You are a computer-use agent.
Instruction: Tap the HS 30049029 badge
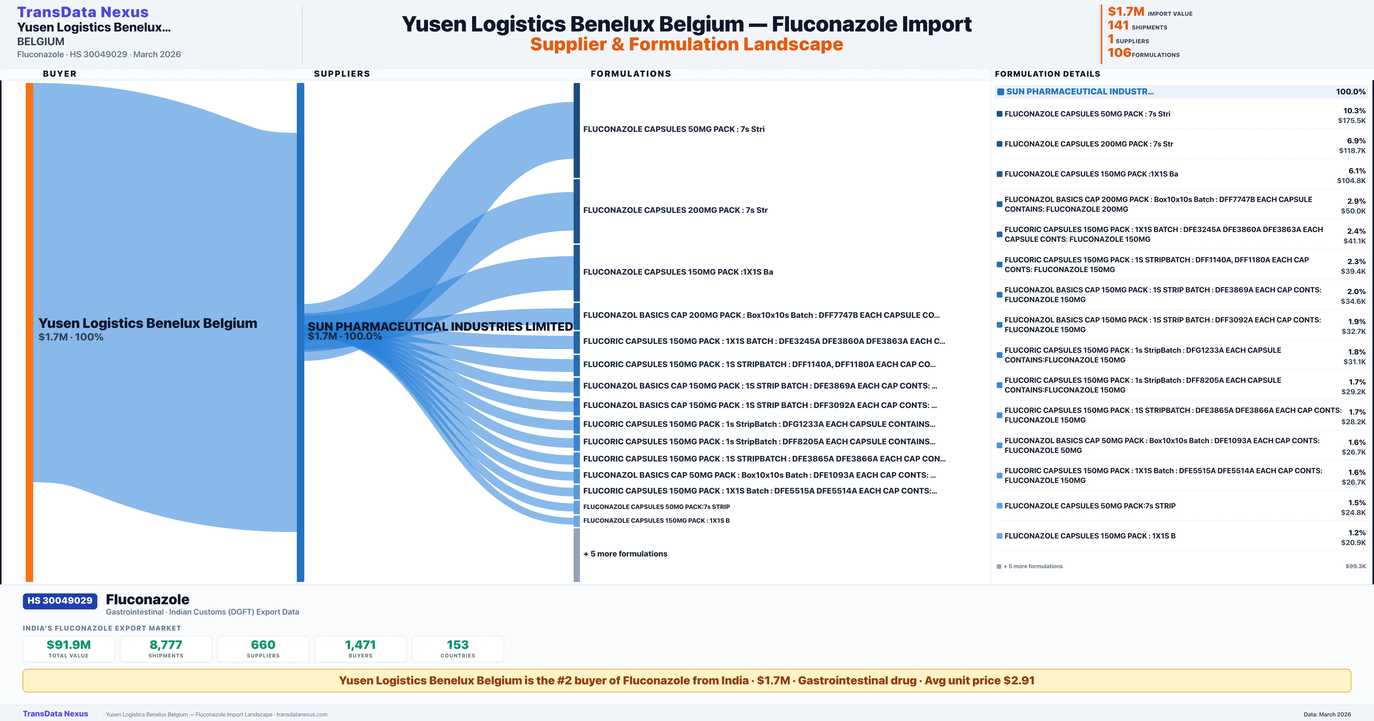(x=60, y=601)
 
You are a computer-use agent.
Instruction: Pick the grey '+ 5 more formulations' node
(x=577, y=554)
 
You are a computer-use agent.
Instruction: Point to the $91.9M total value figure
(x=69, y=645)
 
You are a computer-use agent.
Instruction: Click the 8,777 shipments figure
(x=166, y=645)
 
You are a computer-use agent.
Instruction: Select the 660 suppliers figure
(x=263, y=645)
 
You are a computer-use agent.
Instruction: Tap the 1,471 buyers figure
(x=361, y=645)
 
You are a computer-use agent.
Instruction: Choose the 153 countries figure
(x=458, y=645)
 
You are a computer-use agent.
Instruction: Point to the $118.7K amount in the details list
(x=1352, y=151)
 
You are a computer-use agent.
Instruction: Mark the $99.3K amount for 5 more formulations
(x=1355, y=566)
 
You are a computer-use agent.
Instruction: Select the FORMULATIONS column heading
(x=630, y=74)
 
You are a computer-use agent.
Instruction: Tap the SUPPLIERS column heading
(x=342, y=74)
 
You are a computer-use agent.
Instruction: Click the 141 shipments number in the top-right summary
(x=1118, y=25)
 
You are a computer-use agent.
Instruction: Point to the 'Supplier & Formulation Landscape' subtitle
(x=686, y=44)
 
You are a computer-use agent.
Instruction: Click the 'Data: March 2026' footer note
(x=1327, y=714)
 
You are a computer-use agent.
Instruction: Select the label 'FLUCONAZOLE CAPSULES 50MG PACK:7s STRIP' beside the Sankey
(x=656, y=507)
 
